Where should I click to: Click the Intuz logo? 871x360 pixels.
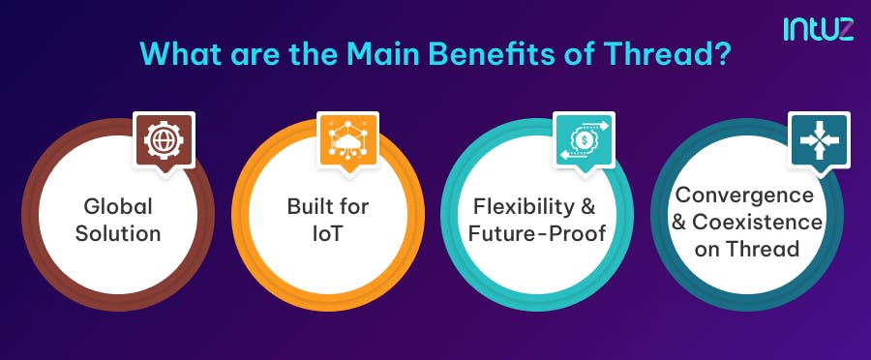click(819, 28)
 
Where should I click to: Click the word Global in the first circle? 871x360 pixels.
click(118, 207)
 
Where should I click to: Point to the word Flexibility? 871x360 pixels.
click(520, 207)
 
